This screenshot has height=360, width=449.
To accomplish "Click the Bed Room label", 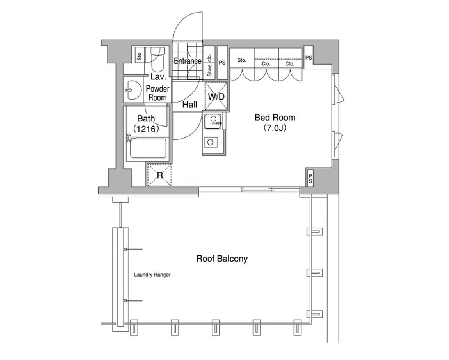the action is (275, 117).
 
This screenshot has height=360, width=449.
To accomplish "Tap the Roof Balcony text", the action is (222, 259).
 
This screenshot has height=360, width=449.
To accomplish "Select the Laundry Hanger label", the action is (152, 275).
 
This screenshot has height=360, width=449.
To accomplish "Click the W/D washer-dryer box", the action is (216, 97).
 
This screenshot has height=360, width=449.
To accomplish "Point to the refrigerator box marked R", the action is (160, 175).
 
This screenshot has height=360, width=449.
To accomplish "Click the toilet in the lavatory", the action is (157, 59).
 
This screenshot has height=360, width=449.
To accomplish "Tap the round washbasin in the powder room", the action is (133, 90).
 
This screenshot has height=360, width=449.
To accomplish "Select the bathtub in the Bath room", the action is (148, 148).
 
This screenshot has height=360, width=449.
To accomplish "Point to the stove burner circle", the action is (210, 142).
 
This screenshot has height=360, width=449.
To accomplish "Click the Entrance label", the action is (187, 61).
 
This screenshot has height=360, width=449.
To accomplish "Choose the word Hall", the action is (190, 105).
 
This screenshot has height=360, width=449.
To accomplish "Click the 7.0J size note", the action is (275, 128).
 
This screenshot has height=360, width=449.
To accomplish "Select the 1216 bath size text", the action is (146, 129).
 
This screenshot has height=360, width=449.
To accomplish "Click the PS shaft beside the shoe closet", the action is (222, 63).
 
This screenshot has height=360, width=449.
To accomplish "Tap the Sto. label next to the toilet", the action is (139, 56).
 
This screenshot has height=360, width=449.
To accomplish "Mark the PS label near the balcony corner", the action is (311, 178).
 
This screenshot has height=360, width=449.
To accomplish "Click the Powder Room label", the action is (157, 93).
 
